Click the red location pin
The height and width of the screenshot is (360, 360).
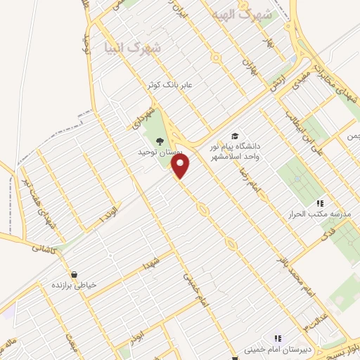click(181, 167)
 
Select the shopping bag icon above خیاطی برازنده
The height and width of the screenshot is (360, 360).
click(74, 274)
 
